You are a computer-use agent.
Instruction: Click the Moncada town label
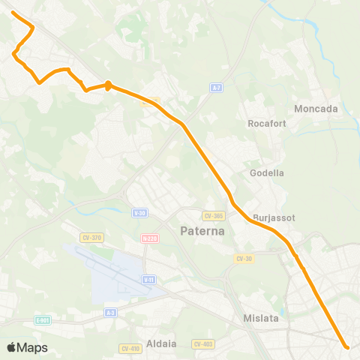coord(316,109)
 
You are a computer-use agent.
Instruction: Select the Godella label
coord(266,172)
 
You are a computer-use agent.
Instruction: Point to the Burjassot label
coord(274,217)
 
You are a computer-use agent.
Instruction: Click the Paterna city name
coord(202,231)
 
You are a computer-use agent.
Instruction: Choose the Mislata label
coord(261,318)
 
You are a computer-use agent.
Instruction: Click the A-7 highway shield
coord(216,88)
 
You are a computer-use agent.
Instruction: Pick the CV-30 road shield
coord(243,259)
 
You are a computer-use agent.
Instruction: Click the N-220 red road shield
coord(148,239)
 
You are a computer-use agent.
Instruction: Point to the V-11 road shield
coord(148,279)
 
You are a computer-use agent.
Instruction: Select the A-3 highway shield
coord(111,313)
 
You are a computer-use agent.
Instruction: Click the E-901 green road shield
coord(43,319)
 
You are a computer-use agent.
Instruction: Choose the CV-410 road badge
coord(130,348)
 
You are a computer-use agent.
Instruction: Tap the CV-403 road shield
coord(202,344)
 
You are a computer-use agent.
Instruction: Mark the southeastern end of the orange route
coord(346,346)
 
